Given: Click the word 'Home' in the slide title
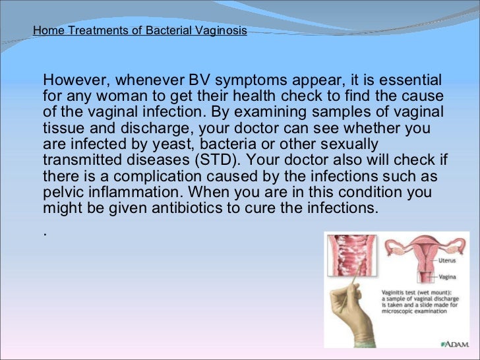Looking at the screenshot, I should tap(45, 30).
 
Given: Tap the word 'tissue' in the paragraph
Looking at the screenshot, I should tap(61, 128).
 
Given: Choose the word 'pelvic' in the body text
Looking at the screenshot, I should tap(61, 191).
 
